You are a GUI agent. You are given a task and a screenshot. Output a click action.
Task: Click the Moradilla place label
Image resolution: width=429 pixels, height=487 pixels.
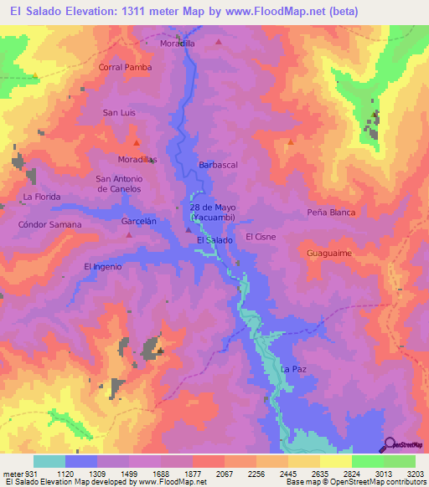click(177, 43)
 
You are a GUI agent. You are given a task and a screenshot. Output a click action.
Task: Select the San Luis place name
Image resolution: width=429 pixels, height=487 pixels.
click(119, 112)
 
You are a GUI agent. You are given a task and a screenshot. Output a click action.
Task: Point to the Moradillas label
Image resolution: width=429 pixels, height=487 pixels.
click(137, 158)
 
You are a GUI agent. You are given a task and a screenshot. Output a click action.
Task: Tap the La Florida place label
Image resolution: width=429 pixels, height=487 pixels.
click(42, 197)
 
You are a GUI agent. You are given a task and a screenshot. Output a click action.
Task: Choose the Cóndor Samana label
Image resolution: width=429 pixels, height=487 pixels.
click(49, 224)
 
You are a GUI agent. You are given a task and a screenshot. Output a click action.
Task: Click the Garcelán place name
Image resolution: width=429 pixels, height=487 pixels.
click(138, 222)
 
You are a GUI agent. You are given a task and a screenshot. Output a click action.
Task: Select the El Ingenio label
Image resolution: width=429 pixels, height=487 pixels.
click(103, 266)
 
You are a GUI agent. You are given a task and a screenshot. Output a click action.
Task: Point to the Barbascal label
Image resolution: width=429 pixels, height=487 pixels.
click(218, 165)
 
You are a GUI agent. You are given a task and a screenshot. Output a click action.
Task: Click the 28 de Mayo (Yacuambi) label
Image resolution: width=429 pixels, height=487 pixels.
click(213, 212)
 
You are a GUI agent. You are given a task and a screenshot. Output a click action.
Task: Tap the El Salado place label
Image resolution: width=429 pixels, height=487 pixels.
click(214, 240)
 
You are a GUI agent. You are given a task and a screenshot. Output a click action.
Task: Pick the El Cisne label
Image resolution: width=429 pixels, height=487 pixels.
click(261, 237)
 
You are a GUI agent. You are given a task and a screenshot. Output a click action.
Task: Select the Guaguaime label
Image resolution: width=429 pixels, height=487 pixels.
click(328, 252)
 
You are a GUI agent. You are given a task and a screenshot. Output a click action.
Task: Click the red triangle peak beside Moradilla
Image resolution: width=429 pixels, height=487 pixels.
click(219, 41)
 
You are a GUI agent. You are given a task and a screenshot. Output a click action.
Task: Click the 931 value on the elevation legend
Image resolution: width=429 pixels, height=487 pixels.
click(29, 473)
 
